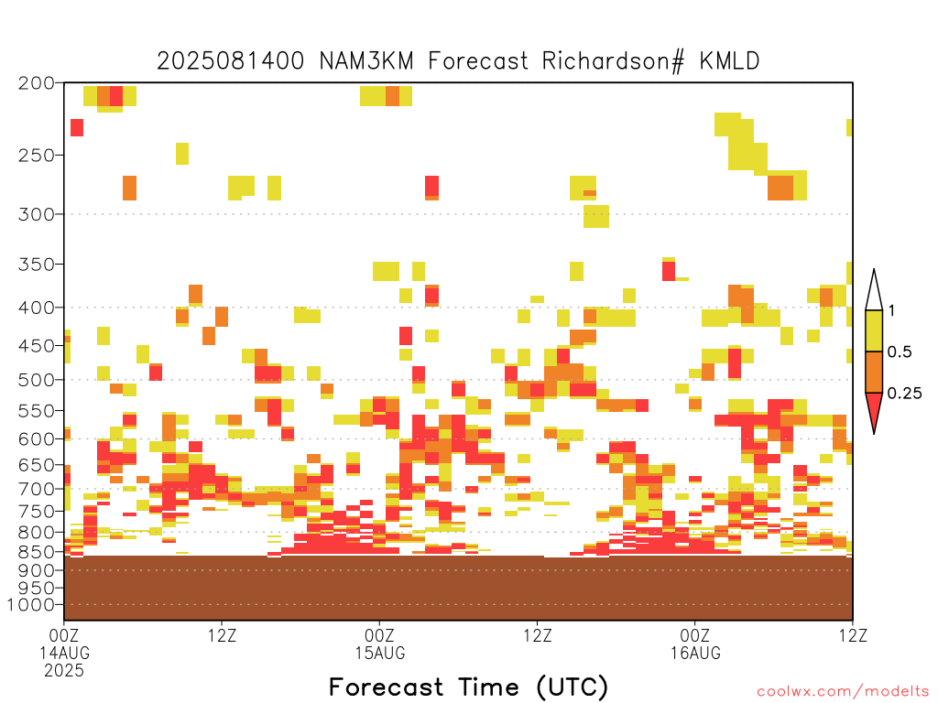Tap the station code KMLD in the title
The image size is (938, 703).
pyautogui.click(x=729, y=61)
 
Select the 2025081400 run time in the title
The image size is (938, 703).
pyautogui.click(x=230, y=61)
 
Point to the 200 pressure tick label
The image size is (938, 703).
pyautogui.click(x=37, y=83)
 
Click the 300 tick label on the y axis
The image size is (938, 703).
pyautogui.click(x=37, y=214)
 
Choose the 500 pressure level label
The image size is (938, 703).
pyautogui.click(x=37, y=380)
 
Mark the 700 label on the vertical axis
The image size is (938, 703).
pyautogui.click(x=37, y=489)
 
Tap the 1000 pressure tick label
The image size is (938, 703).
pyautogui.click(x=31, y=605)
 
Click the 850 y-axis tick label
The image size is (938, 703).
pyautogui.click(x=37, y=551)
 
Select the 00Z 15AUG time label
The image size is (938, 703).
pyautogui.click(x=380, y=644)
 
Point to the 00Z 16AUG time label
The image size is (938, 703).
pyautogui.click(x=695, y=644)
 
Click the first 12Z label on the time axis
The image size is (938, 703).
pyautogui.click(x=222, y=635)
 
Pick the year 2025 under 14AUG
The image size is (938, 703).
pyautogui.click(x=64, y=670)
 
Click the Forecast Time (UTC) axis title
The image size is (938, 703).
pyautogui.click(x=468, y=687)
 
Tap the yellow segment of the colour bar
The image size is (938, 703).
pyautogui.click(x=874, y=330)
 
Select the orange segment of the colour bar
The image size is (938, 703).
pyautogui.click(x=874, y=372)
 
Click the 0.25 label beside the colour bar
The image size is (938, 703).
pyautogui.click(x=904, y=394)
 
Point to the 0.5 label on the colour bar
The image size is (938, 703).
pyautogui.click(x=900, y=352)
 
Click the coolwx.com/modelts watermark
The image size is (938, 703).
pyautogui.click(x=843, y=692)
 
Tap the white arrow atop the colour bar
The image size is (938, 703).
pyautogui.click(x=874, y=291)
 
